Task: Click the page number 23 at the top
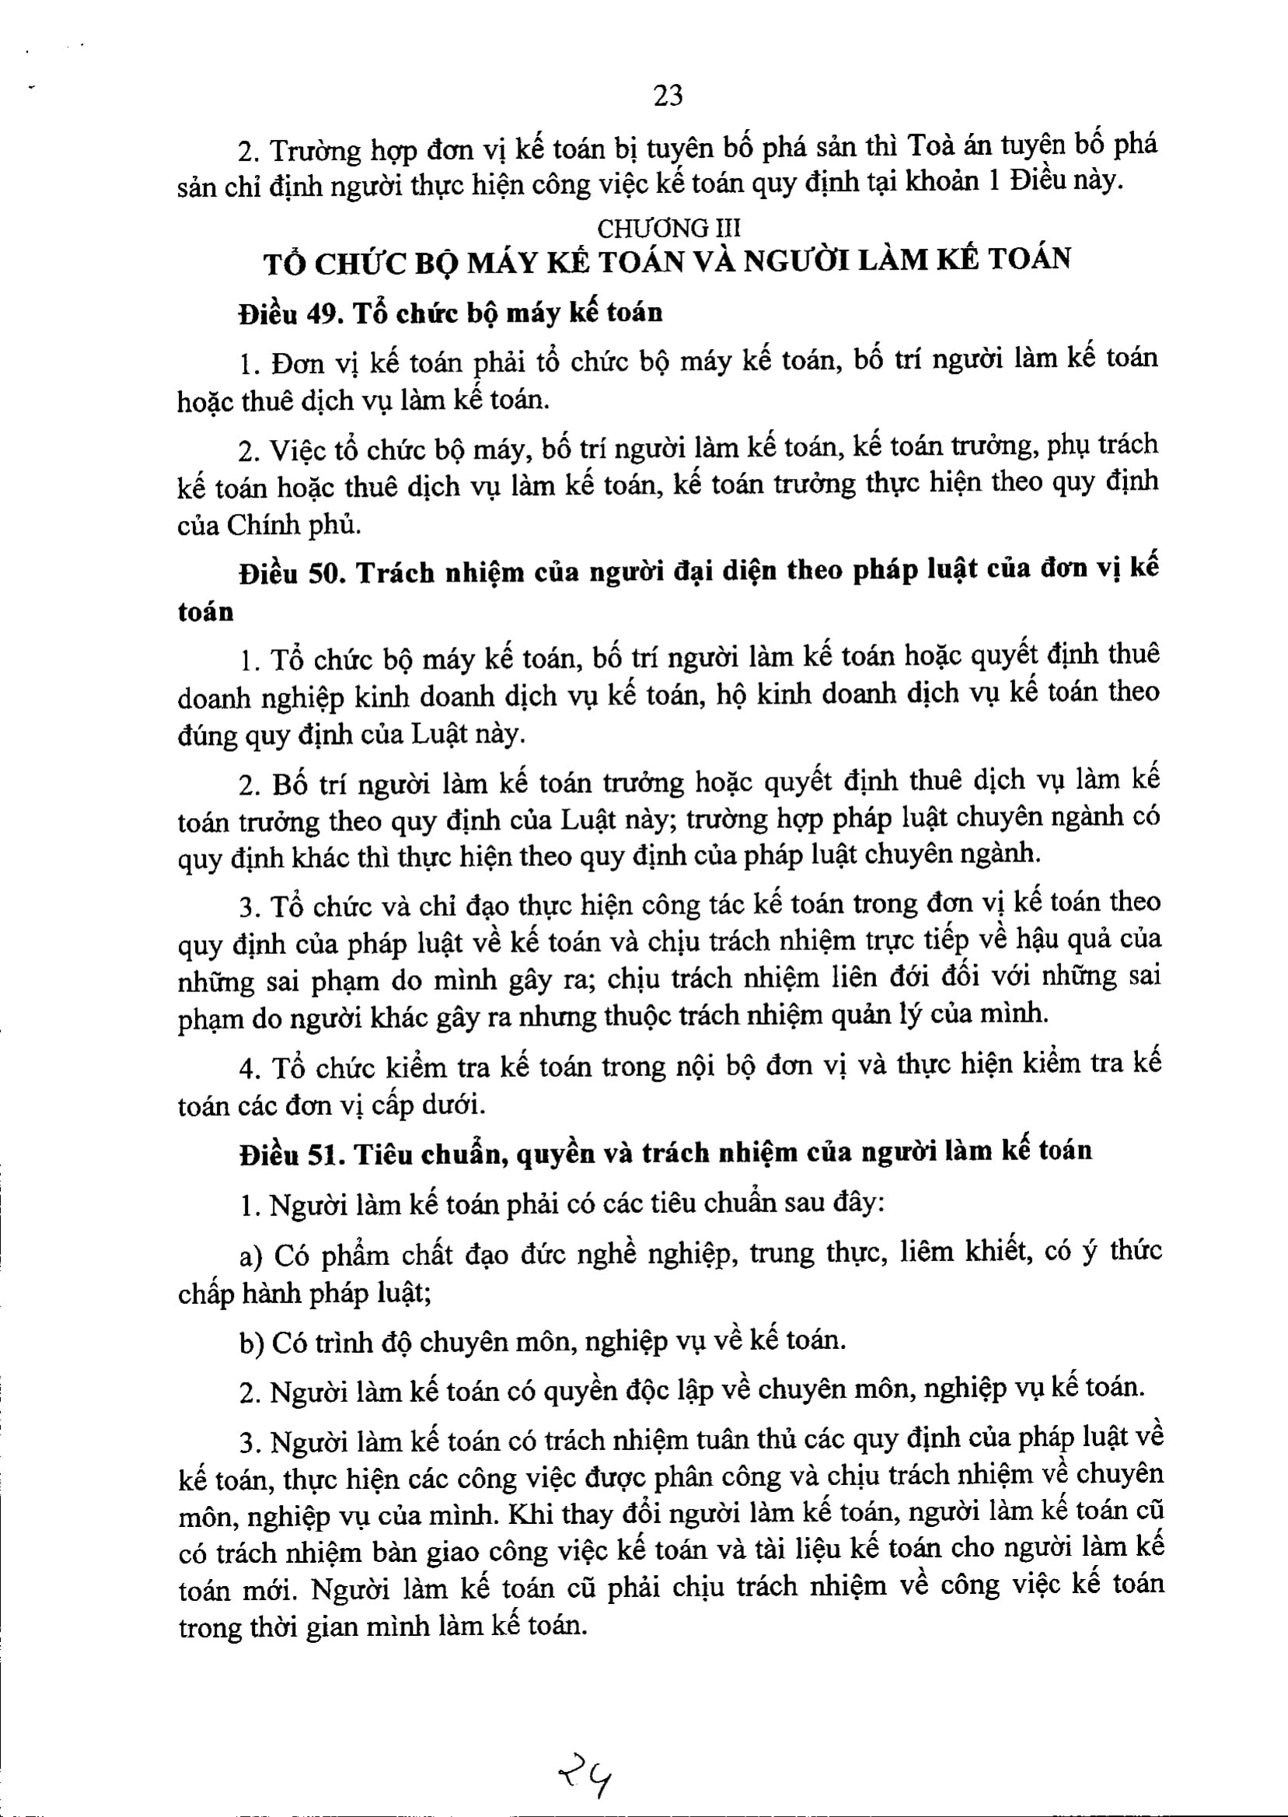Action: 667,96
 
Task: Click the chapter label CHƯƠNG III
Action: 668,229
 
